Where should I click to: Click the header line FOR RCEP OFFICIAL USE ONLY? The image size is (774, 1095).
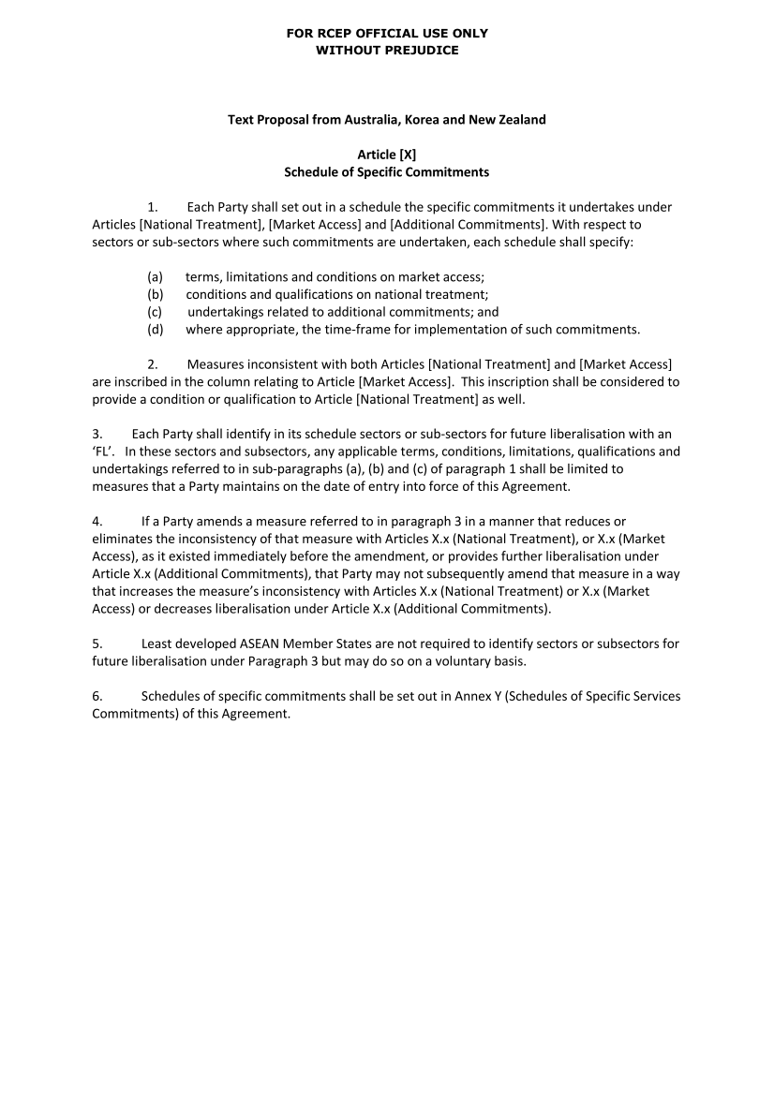(x=387, y=33)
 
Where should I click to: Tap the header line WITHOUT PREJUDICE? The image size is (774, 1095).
(x=387, y=50)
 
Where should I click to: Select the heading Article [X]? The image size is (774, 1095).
(x=387, y=155)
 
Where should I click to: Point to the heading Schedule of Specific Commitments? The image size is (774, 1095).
(x=387, y=172)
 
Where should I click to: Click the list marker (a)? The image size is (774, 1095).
(x=155, y=277)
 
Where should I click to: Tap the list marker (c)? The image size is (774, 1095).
(x=155, y=312)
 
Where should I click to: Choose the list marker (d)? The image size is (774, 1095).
(x=155, y=329)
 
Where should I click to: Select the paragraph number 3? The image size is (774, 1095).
(x=97, y=434)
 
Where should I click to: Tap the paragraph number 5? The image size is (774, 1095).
(x=97, y=644)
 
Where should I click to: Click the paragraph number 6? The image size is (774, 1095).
(x=97, y=696)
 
